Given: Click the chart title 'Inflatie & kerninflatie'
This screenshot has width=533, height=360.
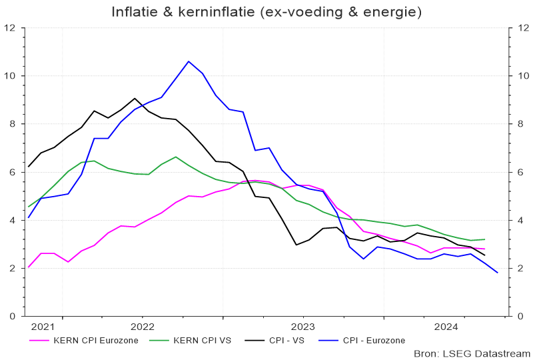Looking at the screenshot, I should [x=266, y=13].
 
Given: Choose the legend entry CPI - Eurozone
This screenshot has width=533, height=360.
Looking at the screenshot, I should [x=373, y=340].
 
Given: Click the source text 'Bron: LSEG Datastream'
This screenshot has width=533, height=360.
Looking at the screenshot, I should [x=472, y=353].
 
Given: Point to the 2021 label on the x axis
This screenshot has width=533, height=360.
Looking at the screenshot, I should [x=43, y=327].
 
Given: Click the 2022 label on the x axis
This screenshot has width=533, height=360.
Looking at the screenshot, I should [x=143, y=327].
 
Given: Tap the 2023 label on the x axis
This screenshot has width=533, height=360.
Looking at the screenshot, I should [x=303, y=327].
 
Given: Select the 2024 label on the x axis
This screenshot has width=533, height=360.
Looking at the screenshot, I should [x=445, y=327].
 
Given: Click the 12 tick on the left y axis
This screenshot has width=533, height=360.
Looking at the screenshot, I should [x=10, y=28].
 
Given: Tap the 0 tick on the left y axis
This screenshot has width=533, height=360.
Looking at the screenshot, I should [x=13, y=316].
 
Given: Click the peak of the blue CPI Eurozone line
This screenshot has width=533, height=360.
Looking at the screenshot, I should [x=189, y=61].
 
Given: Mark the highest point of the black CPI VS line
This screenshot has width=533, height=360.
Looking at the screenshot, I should [x=135, y=98].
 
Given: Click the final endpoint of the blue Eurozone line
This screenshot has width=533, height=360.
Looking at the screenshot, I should [x=498, y=273].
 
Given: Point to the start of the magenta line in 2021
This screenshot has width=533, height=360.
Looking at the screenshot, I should [x=28, y=267].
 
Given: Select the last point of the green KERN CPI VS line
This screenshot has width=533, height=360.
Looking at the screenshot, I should [x=484, y=239].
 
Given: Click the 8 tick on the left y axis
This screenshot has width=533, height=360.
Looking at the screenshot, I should [x=13, y=124].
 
